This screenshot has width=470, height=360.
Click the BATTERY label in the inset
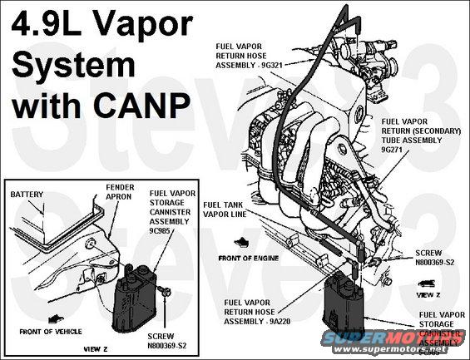(x=27, y=195)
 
